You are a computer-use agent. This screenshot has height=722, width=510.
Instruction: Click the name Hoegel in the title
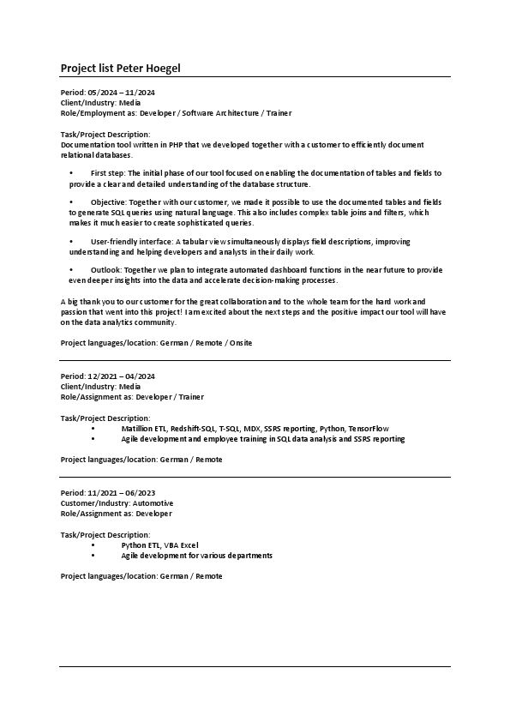(162, 68)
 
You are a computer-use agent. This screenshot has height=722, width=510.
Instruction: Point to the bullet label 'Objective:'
(108, 202)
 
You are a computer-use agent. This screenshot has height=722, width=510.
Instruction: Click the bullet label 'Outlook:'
(106, 270)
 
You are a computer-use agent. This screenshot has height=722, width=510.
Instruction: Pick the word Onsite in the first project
(236, 342)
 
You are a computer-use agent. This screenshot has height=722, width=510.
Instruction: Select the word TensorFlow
(369, 428)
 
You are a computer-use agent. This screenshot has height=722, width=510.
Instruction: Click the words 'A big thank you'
(87, 303)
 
